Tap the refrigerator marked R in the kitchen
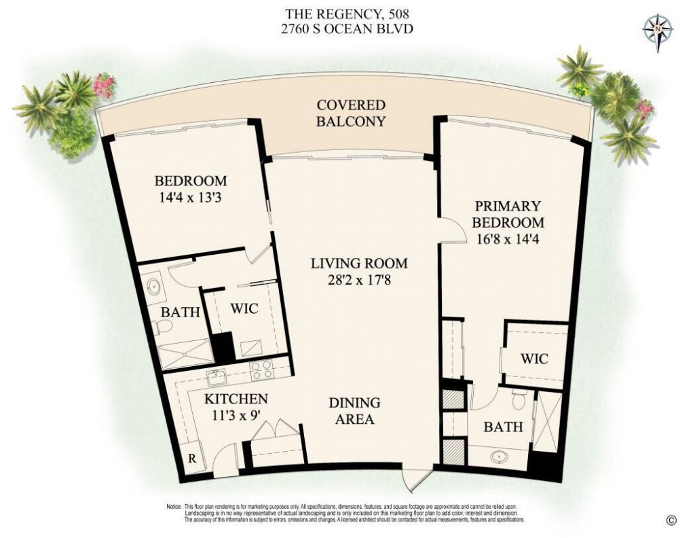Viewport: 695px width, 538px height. [x=192, y=458]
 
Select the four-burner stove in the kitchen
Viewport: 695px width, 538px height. [x=261, y=370]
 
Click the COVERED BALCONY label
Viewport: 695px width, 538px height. [x=351, y=113]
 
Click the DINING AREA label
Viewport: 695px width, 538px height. [x=354, y=411]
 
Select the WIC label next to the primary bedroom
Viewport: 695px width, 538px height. [x=534, y=358]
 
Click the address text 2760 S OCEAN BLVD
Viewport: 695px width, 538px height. [x=350, y=29]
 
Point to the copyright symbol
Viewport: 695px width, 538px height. [x=671, y=520]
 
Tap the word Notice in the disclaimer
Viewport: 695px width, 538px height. [x=174, y=507]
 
